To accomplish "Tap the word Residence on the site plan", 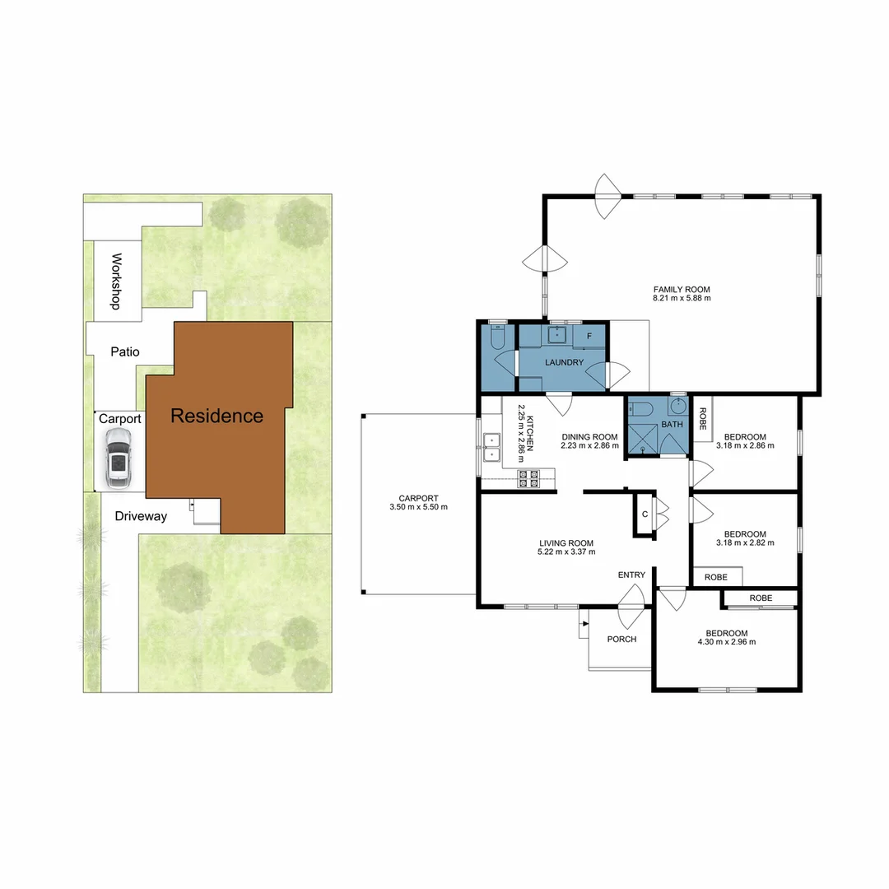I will click(216, 416).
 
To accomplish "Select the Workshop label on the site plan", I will click(117, 281).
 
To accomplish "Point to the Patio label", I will click(125, 351).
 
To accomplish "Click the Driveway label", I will click(141, 516).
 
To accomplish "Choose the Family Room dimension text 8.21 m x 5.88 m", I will click(682, 298).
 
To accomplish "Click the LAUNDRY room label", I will click(564, 362).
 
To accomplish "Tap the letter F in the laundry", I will click(589, 336).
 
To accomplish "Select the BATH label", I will click(673, 425).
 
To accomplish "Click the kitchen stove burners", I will click(528, 478).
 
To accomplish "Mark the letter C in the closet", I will click(645, 514).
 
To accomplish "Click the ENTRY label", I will click(632, 575).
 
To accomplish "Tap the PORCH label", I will click(621, 639).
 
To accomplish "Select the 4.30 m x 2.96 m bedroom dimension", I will click(726, 641).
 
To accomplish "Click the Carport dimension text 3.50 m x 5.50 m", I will click(419, 507).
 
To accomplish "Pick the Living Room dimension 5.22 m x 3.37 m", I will click(566, 552).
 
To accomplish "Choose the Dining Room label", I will click(589, 436).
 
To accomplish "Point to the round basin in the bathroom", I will click(678, 407).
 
